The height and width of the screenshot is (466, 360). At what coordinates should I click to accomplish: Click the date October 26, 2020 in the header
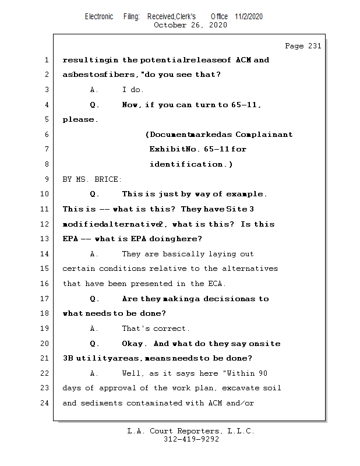coord(190,25)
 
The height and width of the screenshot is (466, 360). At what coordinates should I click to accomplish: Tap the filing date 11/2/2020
coord(249,16)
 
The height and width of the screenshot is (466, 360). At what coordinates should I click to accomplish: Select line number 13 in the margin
coord(46,239)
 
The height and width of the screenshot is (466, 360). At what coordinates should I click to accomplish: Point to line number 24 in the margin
coord(46,403)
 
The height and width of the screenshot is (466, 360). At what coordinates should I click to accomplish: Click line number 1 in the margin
coord(46,60)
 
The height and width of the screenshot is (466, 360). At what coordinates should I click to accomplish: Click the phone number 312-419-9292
coord(191,439)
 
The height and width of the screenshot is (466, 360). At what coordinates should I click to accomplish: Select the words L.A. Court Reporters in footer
coord(173,431)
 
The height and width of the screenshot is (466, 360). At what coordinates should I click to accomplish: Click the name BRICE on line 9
coord(109,179)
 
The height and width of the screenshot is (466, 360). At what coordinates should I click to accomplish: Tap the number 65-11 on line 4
coord(245,105)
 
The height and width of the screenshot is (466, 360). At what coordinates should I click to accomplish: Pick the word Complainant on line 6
coord(264,135)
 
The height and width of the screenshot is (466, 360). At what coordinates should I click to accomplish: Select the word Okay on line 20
coord(135,344)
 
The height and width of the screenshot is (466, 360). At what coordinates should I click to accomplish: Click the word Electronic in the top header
coord(99,16)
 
